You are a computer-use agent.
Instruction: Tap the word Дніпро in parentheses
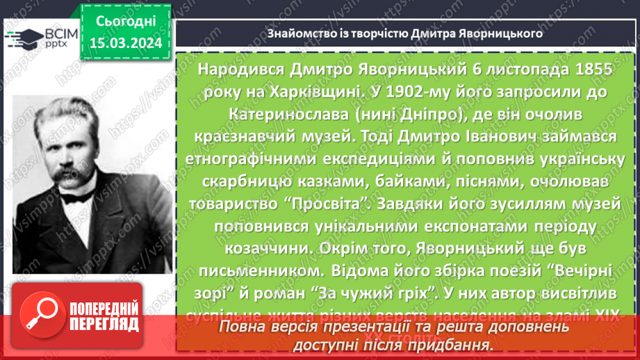tap(424, 113)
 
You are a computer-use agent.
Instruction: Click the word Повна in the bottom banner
tap(243, 327)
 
